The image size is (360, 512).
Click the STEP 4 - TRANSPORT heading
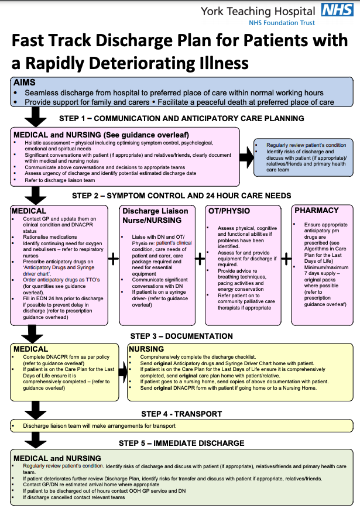181,414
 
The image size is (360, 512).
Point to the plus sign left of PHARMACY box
287,258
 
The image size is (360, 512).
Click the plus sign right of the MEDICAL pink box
113,258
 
